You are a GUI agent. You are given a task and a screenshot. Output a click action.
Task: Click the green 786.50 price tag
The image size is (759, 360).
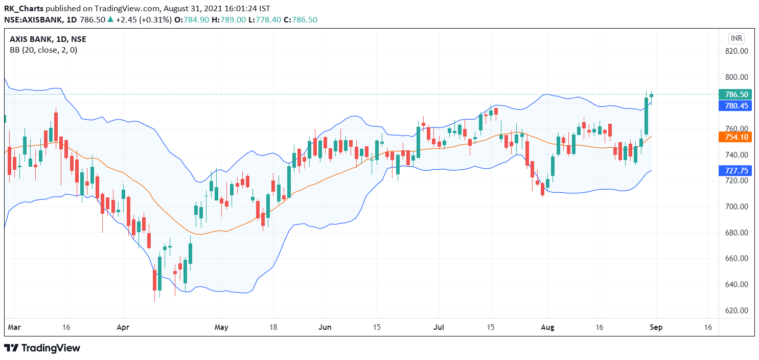click(x=735, y=94)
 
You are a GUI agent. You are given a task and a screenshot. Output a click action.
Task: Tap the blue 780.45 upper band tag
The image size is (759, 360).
click(x=735, y=106)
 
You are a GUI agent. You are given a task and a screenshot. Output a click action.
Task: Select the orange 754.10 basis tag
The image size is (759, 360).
click(x=735, y=137)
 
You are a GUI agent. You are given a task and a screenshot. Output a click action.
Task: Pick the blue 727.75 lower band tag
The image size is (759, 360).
click(x=735, y=170)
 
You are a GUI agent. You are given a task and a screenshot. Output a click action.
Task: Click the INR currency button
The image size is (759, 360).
click(x=736, y=38)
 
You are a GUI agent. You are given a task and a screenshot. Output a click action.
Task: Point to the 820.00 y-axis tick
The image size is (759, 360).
click(x=737, y=51)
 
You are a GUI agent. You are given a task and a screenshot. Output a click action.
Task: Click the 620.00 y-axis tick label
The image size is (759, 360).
click(x=737, y=310)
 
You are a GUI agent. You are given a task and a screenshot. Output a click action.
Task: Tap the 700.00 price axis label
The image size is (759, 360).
click(x=737, y=207)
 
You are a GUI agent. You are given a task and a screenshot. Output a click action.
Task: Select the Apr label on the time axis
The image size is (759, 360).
click(x=123, y=327)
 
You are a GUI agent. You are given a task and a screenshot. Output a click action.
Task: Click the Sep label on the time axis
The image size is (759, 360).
click(x=656, y=327)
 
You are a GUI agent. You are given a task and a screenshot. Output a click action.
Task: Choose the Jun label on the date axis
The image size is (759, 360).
click(x=325, y=327)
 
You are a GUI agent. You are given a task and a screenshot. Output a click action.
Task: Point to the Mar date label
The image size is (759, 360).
click(x=14, y=327)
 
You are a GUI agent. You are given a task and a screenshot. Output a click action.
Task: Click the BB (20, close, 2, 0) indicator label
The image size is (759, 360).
click(x=43, y=50)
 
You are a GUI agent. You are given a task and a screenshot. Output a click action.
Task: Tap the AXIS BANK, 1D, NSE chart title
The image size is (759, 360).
click(x=48, y=39)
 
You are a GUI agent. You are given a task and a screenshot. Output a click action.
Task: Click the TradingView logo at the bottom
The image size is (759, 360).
click(x=42, y=348)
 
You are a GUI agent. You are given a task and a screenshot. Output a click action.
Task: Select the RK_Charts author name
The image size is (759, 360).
click(x=24, y=9)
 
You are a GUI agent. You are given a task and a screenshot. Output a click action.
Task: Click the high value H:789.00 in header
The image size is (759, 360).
click(x=228, y=19)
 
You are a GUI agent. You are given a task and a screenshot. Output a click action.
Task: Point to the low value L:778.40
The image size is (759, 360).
click(x=265, y=19)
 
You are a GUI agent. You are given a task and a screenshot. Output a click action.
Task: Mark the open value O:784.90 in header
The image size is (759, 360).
click(x=192, y=19)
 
